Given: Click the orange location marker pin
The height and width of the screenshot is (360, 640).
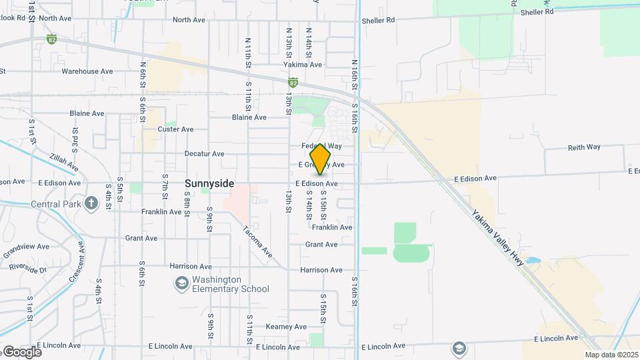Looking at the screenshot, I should (321, 159).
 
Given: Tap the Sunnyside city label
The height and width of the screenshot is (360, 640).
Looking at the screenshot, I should (209, 183).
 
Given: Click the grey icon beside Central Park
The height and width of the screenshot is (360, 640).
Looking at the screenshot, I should (91, 203).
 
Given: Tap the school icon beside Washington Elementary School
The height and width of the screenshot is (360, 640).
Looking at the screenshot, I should (181, 284).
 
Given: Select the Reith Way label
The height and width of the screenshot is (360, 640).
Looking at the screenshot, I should (584, 147).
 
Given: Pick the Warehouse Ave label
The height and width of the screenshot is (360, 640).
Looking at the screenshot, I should (87, 71).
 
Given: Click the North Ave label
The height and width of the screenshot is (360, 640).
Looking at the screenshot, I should (189, 20).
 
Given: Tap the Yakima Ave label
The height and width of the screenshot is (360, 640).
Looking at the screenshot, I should (303, 65).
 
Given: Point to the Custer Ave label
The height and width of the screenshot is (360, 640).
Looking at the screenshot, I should (175, 129).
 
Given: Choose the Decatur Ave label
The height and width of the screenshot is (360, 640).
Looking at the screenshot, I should (204, 153).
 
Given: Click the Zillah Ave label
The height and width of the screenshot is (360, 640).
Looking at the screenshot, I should (63, 162).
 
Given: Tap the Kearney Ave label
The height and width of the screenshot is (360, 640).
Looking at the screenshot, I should (286, 327).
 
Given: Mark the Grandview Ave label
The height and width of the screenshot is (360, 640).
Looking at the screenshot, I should (26, 250).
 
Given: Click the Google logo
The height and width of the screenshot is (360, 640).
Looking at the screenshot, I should (22, 352).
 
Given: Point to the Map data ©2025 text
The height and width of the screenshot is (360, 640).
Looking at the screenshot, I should (611, 355).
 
